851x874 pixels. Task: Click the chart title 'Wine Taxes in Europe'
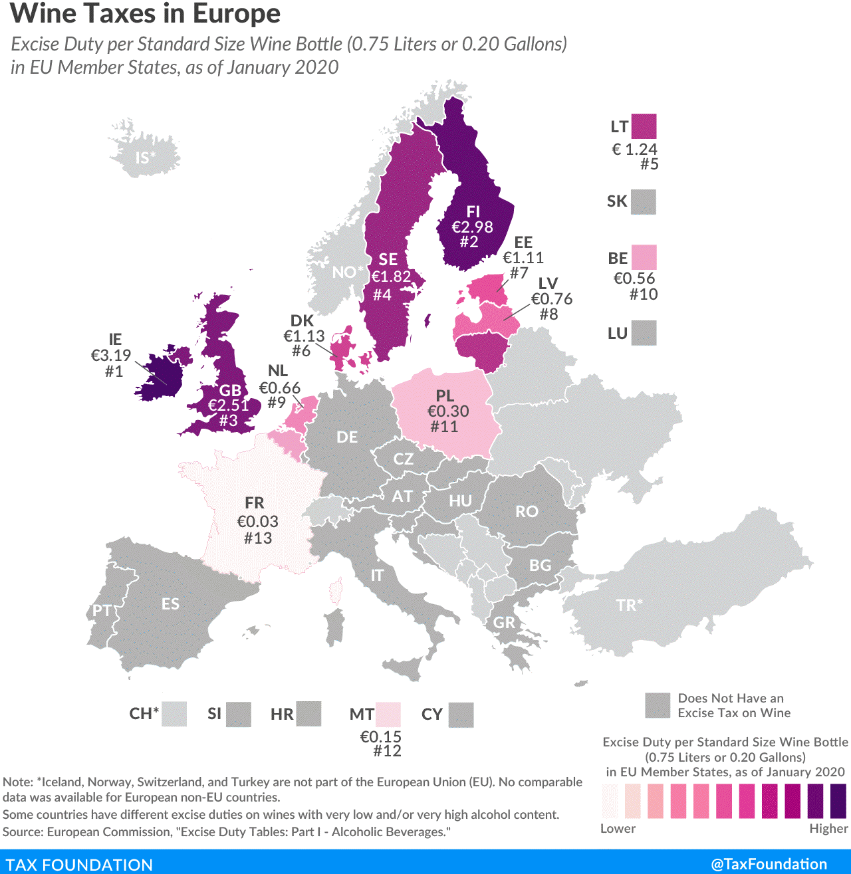coord(146,14)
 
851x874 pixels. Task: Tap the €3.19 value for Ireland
coord(111,356)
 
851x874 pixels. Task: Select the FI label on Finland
coord(473,211)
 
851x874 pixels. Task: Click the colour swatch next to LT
coord(644,126)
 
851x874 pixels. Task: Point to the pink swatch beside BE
coord(644,257)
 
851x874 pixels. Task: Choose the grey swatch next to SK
coord(644,202)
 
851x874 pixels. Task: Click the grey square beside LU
coord(644,333)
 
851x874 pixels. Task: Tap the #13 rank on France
coord(258,538)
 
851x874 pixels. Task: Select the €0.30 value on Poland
coord(448,411)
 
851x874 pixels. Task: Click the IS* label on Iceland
coord(146,158)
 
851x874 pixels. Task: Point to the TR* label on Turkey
coord(629,605)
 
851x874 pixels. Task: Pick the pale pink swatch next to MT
coord(388,714)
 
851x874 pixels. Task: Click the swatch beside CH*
coord(174,714)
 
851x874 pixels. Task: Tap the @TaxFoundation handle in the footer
coord(769,864)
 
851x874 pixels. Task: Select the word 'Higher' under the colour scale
coord(828,829)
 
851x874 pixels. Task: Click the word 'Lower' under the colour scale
coord(618,829)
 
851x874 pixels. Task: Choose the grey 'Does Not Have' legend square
coord(658,705)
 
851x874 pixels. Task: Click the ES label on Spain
coord(170,604)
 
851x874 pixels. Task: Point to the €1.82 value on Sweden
coord(391,276)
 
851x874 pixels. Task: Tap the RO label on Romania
coord(527,512)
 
